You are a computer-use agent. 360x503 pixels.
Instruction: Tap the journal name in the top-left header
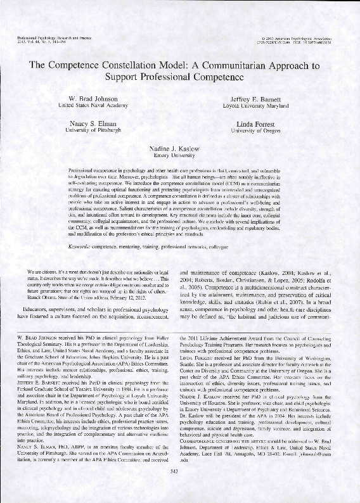pos(48,40)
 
